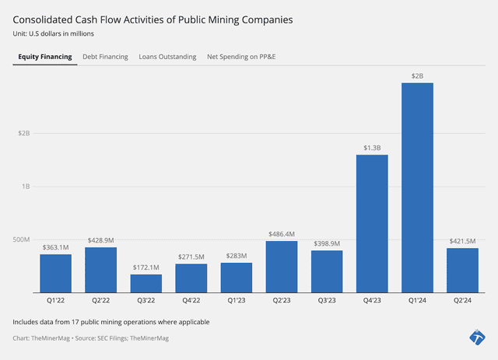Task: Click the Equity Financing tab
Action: (x=45, y=57)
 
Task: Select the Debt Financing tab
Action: (x=105, y=57)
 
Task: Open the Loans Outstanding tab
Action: (x=167, y=57)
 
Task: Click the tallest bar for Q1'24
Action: (x=417, y=187)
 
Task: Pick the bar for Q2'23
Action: (x=282, y=266)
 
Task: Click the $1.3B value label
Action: (x=372, y=148)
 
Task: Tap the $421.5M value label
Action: (x=462, y=241)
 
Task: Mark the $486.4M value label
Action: (x=282, y=233)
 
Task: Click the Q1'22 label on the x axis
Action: (x=56, y=299)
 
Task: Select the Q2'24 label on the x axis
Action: (x=462, y=299)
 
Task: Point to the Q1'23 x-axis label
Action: (x=237, y=299)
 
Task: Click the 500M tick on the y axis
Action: (x=23, y=239)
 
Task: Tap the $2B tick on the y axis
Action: (x=24, y=133)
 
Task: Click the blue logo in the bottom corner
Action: (x=477, y=337)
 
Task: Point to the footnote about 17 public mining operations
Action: (x=110, y=321)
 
